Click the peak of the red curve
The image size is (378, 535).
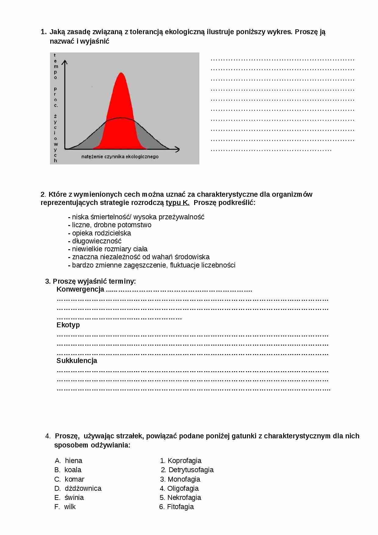[x=121, y=73]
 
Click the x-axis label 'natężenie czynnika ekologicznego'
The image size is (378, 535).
[x=120, y=156]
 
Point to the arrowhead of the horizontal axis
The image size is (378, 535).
[x=177, y=149]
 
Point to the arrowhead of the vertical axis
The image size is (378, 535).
[x=65, y=62]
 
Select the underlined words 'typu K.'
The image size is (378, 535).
[x=177, y=203]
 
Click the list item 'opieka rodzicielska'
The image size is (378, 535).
[x=102, y=233]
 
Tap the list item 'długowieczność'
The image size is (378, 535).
[x=97, y=241]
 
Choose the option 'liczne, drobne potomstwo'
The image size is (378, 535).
[x=112, y=225]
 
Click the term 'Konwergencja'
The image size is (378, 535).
[x=80, y=289]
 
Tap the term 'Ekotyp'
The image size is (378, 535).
[x=68, y=325]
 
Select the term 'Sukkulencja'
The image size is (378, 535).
[x=77, y=361]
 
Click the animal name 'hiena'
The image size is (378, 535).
[x=73, y=461]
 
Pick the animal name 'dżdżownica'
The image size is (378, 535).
[x=83, y=488]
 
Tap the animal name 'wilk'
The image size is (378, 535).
[x=70, y=507]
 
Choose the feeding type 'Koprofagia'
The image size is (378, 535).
[x=184, y=461]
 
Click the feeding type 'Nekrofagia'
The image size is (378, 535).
[x=184, y=497]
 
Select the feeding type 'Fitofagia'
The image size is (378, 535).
[x=180, y=507]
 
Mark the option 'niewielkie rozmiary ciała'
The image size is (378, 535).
[x=110, y=249]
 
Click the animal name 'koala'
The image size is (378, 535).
[x=73, y=470]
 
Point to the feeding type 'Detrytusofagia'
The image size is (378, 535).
[x=191, y=470]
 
